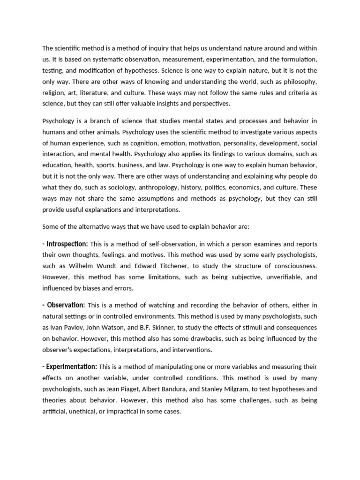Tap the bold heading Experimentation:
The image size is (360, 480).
tap(70, 367)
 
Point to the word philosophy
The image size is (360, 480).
tap(300, 82)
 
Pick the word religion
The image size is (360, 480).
tap(54, 93)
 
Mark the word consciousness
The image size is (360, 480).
tap(293, 266)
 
